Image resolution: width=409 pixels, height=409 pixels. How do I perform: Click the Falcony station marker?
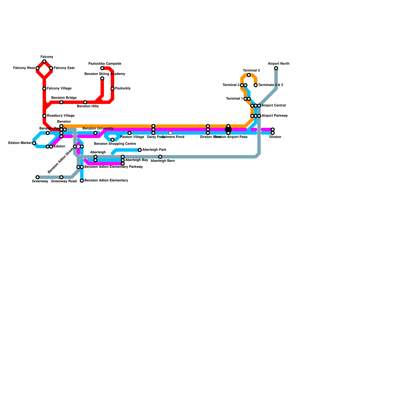pos(44,61)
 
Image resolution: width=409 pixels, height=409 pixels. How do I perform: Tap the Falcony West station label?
pos(24,68)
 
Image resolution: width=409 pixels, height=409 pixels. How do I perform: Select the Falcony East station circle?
pos(51,68)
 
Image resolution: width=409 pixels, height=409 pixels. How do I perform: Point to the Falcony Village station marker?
pos(44,89)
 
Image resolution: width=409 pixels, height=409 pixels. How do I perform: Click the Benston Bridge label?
pos(64,98)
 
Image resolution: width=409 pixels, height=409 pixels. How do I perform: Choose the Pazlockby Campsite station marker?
pos(102,68)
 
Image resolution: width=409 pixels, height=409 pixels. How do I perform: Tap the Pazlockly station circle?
pos(112,89)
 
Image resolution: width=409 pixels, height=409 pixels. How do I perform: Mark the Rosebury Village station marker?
pos(44,116)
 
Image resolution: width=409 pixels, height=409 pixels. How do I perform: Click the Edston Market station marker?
pos(34,143)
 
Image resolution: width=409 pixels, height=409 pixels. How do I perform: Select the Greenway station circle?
pos(38,177)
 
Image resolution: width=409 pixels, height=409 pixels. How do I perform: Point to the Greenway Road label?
pos(64,181)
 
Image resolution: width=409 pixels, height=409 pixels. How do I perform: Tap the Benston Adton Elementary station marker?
pos(82,181)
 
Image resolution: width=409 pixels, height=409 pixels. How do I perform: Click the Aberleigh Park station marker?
pos(140,150)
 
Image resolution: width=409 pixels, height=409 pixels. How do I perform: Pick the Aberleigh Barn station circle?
pos(160,157)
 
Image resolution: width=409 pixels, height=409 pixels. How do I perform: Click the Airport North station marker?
pos(276,68)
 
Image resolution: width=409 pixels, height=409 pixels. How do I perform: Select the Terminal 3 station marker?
pos(249,75)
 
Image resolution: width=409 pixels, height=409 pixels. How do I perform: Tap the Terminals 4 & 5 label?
pos(271,85)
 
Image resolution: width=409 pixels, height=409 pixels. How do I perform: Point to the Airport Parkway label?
pos(275,116)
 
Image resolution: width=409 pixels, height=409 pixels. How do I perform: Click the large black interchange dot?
pos(228,130)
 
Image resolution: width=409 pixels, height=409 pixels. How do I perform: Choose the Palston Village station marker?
pos(130,133)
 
